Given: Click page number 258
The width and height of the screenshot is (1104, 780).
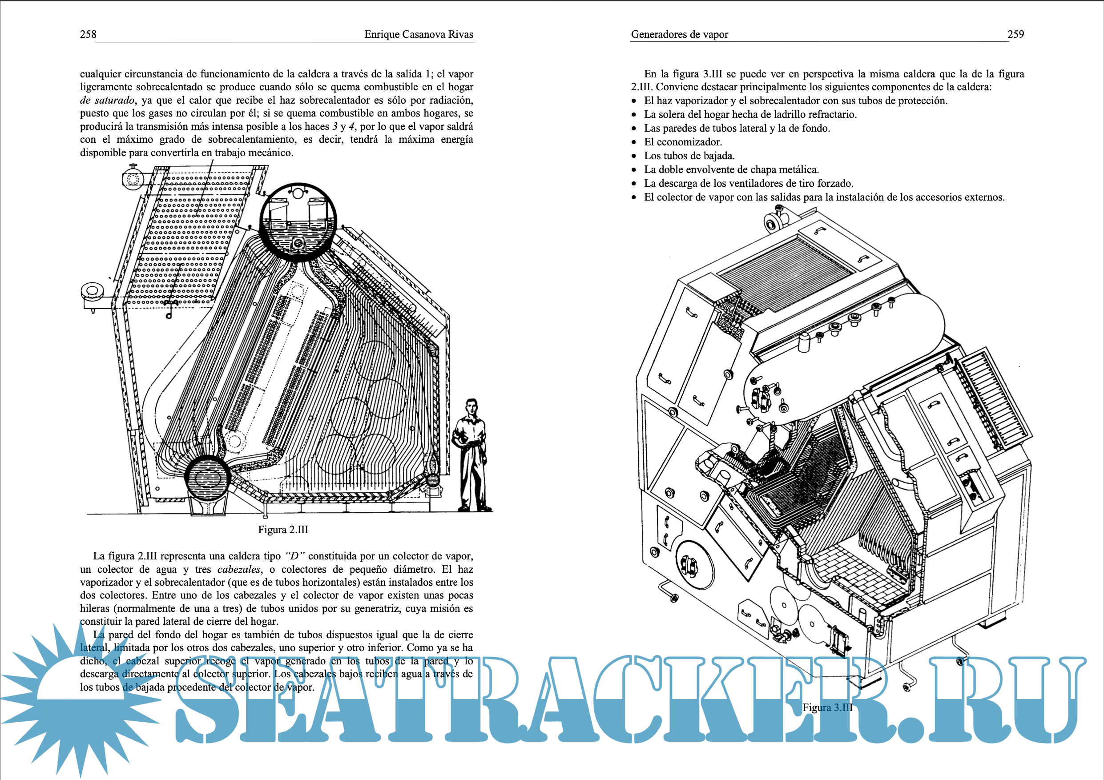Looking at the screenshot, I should click(88, 34).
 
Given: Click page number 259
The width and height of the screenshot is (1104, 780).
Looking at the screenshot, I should click(1015, 34).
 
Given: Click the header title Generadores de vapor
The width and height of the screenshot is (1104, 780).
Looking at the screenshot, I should click(679, 34).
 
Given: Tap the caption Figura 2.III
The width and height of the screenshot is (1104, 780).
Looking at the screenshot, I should click(283, 530).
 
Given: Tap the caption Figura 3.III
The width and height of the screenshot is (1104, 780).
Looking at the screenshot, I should click(827, 708).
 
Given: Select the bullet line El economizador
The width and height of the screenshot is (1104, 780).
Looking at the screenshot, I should click(683, 142).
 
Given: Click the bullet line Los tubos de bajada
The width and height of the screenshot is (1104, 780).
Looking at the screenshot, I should click(689, 156).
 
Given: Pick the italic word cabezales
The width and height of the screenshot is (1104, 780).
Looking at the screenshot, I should click(239, 570).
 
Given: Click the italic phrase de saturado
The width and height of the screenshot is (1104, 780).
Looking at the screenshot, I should click(107, 101).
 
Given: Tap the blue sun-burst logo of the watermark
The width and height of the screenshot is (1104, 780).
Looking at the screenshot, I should click(77, 697).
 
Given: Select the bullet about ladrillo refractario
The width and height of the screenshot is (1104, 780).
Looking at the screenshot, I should click(750, 114).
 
